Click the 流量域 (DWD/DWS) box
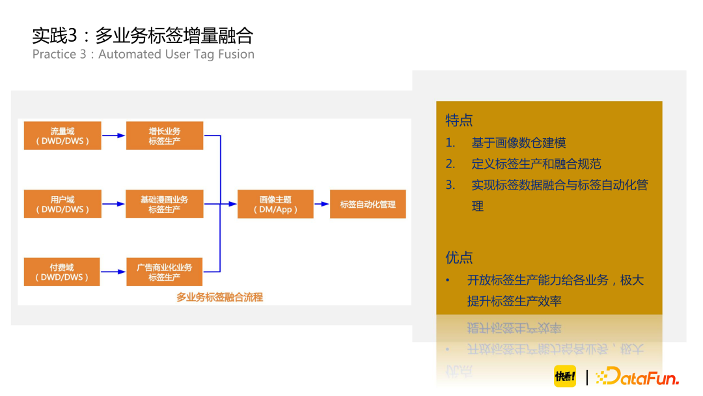coord(62,135)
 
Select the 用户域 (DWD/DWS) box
coord(62,204)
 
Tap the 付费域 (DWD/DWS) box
coord(62,272)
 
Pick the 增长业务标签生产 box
coord(165,135)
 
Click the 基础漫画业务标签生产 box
coord(165,204)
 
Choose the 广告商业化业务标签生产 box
coord(165,272)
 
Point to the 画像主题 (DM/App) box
coord(276,204)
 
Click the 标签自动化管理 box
coord(368,204)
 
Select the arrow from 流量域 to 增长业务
coord(113,135)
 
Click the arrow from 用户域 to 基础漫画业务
coord(113,204)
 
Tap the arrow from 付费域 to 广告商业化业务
coord(113,272)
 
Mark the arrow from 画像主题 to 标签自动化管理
coord(322,204)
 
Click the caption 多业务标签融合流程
coord(219,297)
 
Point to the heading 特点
coord(459,120)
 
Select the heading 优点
coord(459,257)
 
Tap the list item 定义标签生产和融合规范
coord(536,163)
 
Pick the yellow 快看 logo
coord(565,376)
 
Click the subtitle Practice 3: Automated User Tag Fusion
coord(143,54)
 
